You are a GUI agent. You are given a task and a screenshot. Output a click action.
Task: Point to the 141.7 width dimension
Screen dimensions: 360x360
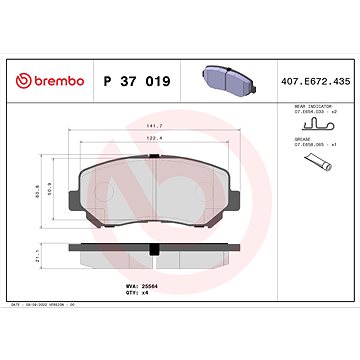[155, 126]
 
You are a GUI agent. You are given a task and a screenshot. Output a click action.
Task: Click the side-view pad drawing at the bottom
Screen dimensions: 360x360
[155, 258]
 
